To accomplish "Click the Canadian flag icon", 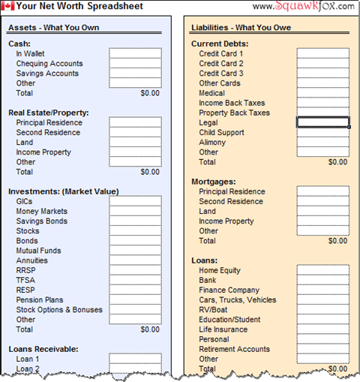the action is (8, 6).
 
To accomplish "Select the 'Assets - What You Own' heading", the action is (53, 28).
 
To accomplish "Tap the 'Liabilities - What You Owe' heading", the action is (241, 28).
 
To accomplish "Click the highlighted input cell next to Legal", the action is (322, 122).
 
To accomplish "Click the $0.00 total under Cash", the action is (150, 94).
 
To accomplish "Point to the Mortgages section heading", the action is (214, 182).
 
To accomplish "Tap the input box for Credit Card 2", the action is (322, 64).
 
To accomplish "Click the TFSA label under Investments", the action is (25, 280).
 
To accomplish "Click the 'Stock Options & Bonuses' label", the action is (59, 309).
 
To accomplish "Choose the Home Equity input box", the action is (322, 270).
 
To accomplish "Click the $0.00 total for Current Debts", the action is (337, 162).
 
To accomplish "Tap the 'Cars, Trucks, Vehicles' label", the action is (237, 300).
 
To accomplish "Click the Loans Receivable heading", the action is (45, 349).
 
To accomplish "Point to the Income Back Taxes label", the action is (232, 104).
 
